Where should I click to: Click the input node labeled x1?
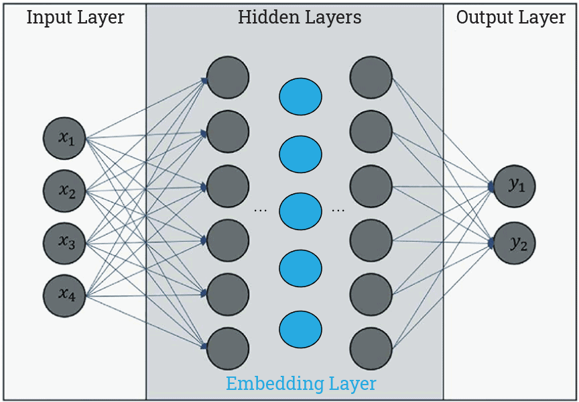[x=64, y=138]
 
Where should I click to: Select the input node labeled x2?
[x=64, y=191]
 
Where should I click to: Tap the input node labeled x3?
[x=64, y=242]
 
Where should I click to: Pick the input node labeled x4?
[x=64, y=294]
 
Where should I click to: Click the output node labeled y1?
[x=515, y=186]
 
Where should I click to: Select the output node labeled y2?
[x=515, y=244]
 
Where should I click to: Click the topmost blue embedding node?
[x=300, y=96]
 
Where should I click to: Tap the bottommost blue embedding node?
[x=300, y=329]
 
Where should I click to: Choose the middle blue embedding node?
[x=300, y=211]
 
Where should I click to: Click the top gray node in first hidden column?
[x=228, y=77]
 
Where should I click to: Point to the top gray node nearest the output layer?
[x=371, y=77]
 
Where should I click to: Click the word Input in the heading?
[x=49, y=18]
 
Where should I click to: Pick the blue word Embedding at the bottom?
[x=275, y=385]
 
